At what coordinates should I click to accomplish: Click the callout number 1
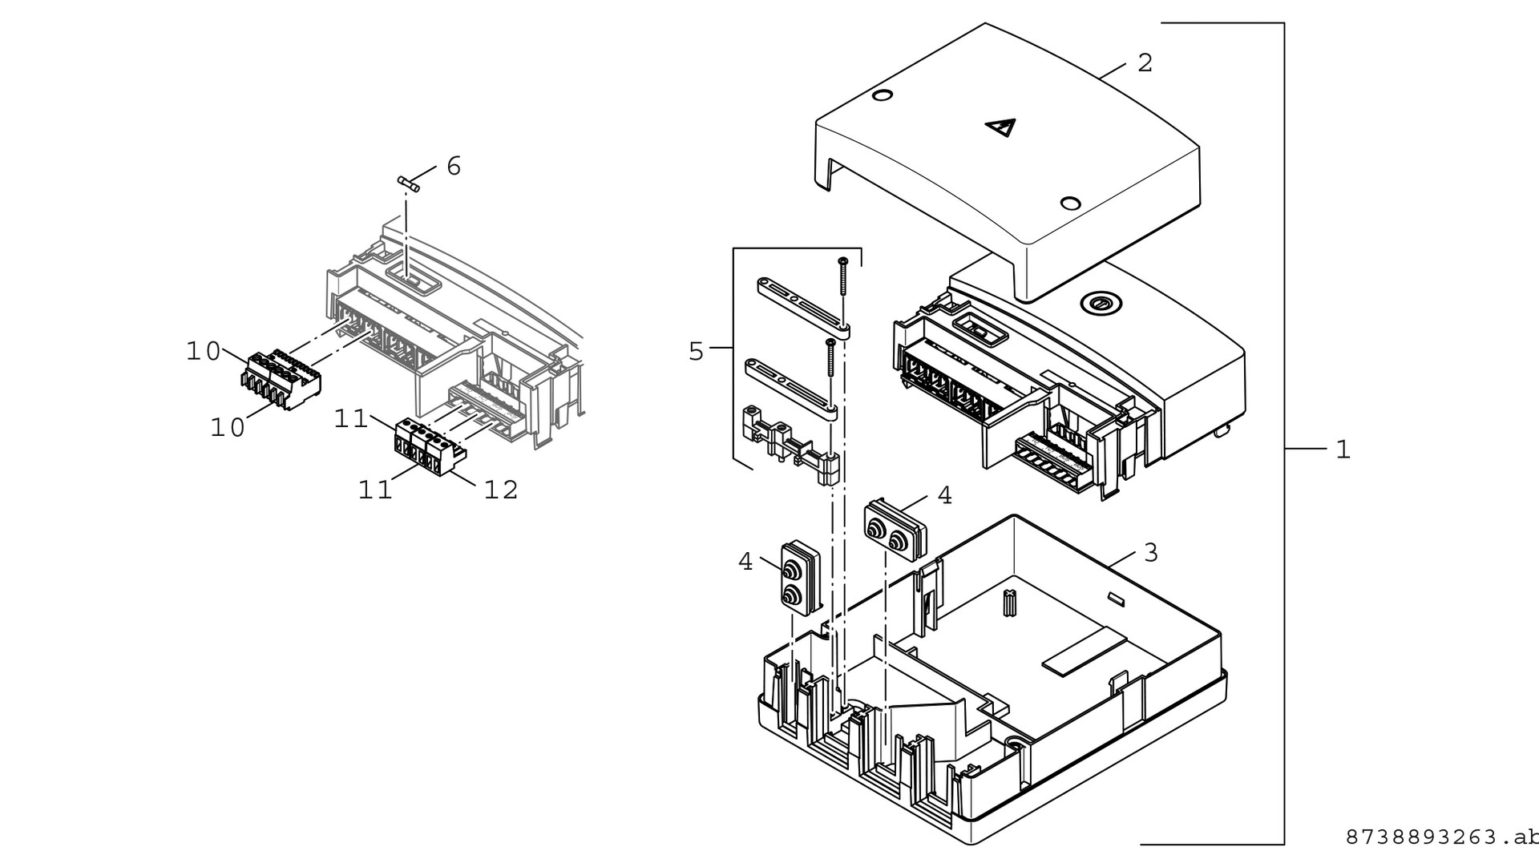pos(1343,450)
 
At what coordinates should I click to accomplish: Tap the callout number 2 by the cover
pos(1145,63)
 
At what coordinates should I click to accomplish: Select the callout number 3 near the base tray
pos(1151,552)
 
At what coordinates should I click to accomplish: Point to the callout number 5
pos(696,351)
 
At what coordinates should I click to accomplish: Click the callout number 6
pos(454,166)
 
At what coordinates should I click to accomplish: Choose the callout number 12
pos(501,489)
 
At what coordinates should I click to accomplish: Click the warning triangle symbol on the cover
pos(1001,127)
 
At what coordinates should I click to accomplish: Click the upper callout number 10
pos(203,351)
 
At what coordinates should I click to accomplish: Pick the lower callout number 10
pos(227,428)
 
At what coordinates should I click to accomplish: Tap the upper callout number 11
pos(350,418)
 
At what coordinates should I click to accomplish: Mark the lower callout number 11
pos(374,489)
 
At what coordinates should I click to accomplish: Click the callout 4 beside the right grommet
pos(945,496)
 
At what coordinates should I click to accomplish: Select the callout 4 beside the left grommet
pos(745,563)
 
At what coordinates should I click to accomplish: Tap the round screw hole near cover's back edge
pos(881,96)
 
